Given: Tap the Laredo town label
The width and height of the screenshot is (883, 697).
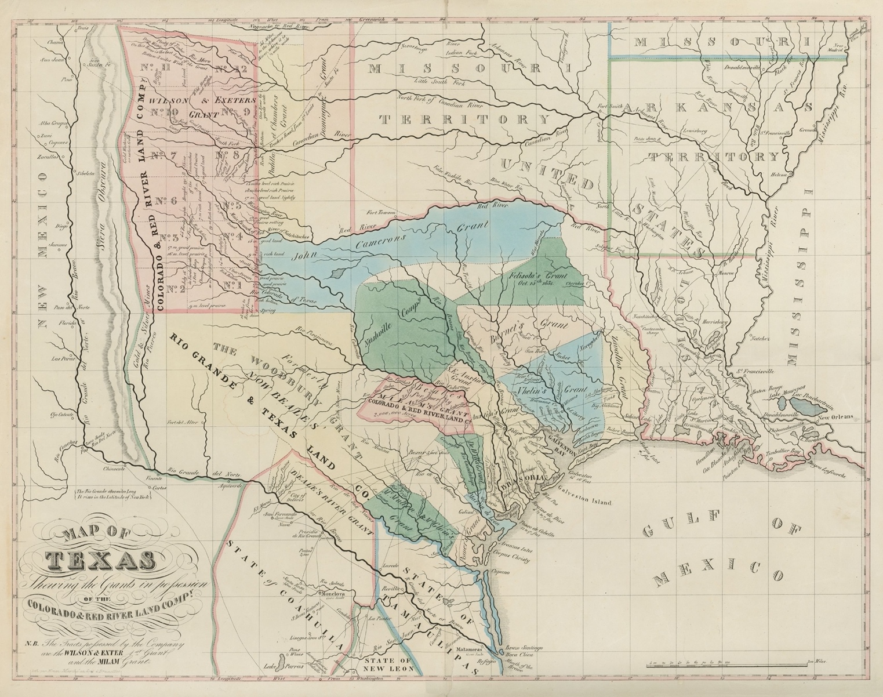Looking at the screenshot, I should click(x=391, y=563).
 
